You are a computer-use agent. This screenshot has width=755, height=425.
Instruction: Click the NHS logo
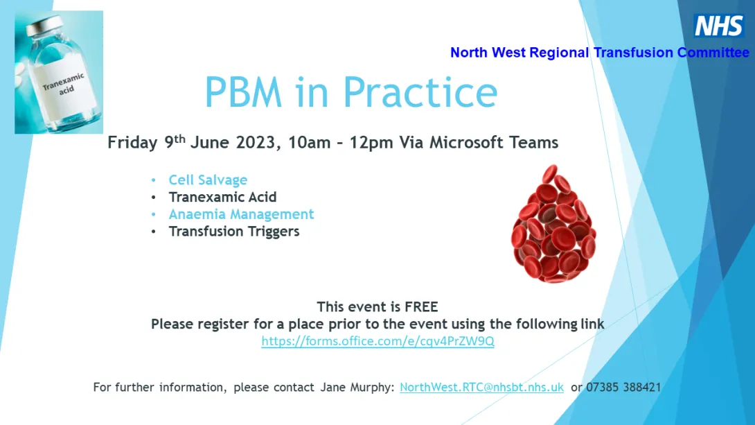[719, 25]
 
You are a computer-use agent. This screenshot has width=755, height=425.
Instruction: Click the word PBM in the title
[243, 92]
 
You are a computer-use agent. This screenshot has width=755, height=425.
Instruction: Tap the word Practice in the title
[420, 92]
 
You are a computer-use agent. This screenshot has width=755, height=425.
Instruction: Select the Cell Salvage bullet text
[208, 180]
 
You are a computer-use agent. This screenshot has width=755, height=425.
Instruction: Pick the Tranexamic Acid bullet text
[222, 197]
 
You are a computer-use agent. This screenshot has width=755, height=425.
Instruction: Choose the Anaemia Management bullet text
[241, 214]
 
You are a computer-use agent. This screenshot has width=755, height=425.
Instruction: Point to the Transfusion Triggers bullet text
[234, 232]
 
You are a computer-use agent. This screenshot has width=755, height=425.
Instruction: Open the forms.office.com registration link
[378, 341]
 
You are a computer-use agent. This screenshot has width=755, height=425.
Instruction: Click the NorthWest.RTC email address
[481, 388]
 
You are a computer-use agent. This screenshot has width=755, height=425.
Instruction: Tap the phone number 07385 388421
[623, 388]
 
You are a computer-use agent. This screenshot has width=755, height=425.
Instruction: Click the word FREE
[421, 307]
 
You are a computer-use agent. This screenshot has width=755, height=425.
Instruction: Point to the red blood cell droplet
[553, 223]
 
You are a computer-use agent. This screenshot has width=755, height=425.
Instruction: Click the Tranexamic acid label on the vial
[64, 85]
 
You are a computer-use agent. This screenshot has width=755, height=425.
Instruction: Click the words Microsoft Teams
[494, 143]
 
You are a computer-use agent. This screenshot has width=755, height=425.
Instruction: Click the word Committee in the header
[713, 53]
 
